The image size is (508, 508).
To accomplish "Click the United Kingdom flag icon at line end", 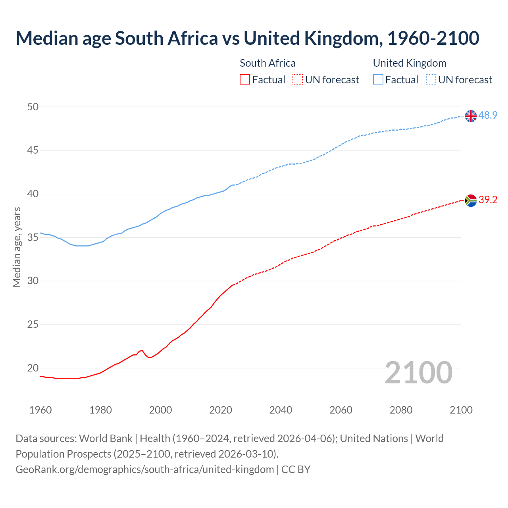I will pyautogui.click(x=471, y=116).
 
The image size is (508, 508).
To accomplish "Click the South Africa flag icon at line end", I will pyautogui.click(x=471, y=200).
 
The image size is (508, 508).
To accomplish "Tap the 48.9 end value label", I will pyautogui.click(x=488, y=115).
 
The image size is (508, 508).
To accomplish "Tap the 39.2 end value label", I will pyautogui.click(x=488, y=200).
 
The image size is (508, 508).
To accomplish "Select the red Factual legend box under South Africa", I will pyautogui.click(x=245, y=80).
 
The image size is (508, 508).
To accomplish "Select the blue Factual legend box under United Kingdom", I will pyautogui.click(x=378, y=80).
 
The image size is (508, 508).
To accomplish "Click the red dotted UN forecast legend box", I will pyautogui.click(x=298, y=80).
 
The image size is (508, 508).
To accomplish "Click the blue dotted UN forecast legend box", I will pyautogui.click(x=431, y=80).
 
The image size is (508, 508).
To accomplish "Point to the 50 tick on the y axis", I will pyautogui.click(x=33, y=107).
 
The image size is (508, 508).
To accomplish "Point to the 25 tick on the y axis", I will pyautogui.click(x=33, y=325).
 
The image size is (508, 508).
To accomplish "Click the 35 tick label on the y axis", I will pyautogui.click(x=33, y=238).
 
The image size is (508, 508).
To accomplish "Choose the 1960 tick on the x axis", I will pyautogui.click(x=40, y=410).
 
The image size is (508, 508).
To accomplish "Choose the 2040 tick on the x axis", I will pyautogui.click(x=281, y=410).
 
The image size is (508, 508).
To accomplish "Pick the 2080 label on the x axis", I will pyautogui.click(x=401, y=410).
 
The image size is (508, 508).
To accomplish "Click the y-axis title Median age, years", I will pyautogui.click(x=17, y=247).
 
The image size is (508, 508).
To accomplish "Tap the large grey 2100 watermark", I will pyautogui.click(x=418, y=372).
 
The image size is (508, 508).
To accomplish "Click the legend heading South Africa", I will pyautogui.click(x=267, y=63).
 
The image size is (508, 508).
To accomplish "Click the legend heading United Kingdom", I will pyautogui.click(x=410, y=63).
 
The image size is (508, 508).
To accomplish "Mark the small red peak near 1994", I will pyautogui.click(x=142, y=350).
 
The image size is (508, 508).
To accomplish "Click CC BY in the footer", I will pyautogui.click(x=296, y=470).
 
